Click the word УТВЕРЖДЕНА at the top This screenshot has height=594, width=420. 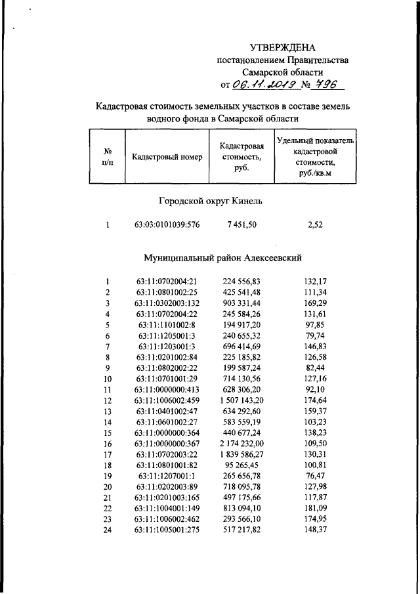[283, 47]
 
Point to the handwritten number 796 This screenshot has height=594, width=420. [326, 85]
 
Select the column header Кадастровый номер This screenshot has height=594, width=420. [167, 157]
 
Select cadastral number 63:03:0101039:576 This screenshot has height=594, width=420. [167, 226]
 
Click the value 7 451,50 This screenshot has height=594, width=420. [242, 226]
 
